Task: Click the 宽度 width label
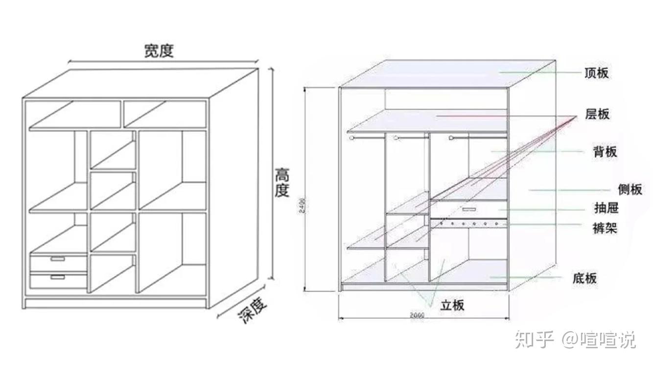(159, 51)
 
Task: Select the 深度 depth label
(253, 311)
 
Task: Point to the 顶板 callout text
(597, 73)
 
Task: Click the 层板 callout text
(597, 115)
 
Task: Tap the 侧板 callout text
(630, 189)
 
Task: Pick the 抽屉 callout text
(606, 208)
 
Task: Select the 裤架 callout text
(605, 228)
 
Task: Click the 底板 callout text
(584, 278)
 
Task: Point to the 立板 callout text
(452, 305)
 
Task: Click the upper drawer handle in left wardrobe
(58, 258)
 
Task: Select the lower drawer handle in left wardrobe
(58, 277)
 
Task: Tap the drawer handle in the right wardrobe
(468, 209)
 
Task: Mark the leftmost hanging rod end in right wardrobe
(351, 138)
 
